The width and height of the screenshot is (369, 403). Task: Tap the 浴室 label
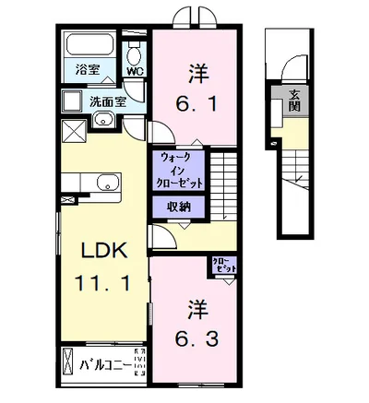point(88,70)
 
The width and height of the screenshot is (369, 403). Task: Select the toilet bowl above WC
point(135,48)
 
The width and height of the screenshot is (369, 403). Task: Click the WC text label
point(135,71)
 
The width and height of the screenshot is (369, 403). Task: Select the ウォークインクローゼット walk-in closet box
point(181,171)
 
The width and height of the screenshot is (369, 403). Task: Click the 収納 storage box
point(179,207)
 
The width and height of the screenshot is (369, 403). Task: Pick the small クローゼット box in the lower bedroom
point(225,265)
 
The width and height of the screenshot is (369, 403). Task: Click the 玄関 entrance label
point(293,99)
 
